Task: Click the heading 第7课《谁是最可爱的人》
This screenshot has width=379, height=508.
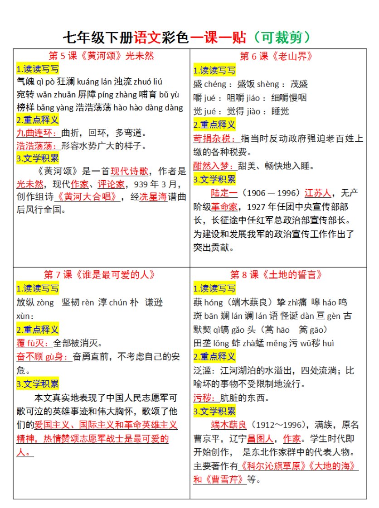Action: pos(99,275)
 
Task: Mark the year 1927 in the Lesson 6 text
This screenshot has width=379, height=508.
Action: pos(261,207)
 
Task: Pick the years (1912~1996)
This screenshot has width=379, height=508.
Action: pos(277,425)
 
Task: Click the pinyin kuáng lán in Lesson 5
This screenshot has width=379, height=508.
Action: pos(95,82)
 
